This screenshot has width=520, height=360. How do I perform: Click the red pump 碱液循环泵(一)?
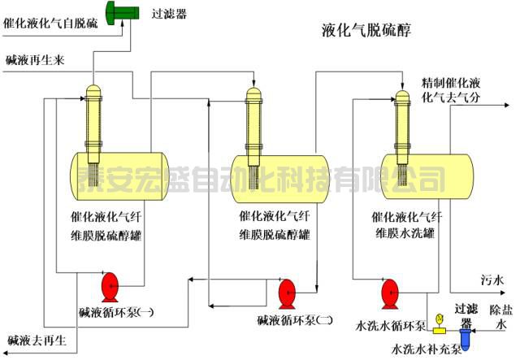click(110, 288)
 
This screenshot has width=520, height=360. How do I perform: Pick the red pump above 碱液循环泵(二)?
click(287, 291)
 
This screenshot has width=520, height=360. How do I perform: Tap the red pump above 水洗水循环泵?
click(389, 290)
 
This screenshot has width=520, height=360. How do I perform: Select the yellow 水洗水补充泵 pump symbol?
click(439, 326)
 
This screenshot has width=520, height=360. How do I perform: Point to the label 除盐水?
click(500, 316)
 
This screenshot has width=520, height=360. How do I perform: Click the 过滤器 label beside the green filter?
click(169, 13)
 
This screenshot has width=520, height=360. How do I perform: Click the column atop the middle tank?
click(253, 122)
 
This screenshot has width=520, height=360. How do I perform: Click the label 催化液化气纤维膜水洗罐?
click(407, 224)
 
